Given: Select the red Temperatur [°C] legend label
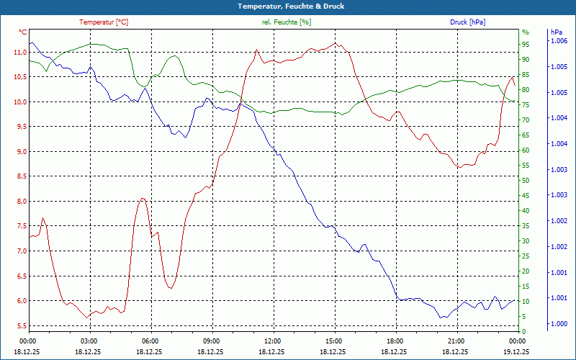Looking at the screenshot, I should [104, 22].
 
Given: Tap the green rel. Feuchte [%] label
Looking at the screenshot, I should [287, 22].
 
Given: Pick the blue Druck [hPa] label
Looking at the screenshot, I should [467, 22].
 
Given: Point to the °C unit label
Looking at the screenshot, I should [23, 32].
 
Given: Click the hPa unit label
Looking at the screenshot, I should [556, 32].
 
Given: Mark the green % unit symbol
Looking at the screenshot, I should [525, 32].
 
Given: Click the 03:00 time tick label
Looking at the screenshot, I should [89, 341].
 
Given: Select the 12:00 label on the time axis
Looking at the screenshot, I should [273, 341].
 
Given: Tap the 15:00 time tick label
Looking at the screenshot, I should [334, 341].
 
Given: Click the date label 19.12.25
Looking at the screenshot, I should [516, 351].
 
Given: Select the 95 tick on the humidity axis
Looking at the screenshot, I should [526, 45].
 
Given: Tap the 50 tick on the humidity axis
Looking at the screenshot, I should [526, 181].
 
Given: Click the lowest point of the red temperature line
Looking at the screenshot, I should [88, 318].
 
